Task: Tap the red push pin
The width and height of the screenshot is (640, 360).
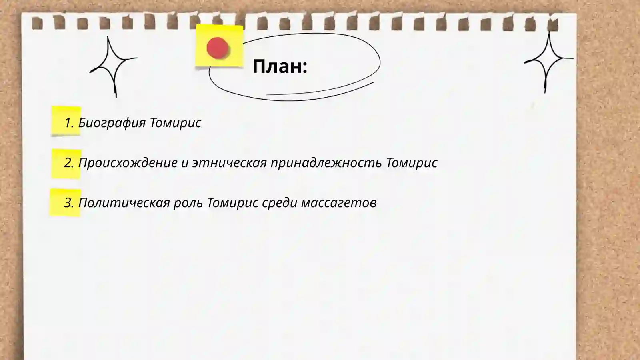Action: (218, 48)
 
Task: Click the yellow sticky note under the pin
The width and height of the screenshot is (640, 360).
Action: (230, 58)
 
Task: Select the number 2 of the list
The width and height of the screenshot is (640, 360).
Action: (69, 163)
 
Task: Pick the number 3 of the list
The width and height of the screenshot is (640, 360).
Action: (69, 203)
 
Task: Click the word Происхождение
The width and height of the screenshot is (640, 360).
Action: (128, 163)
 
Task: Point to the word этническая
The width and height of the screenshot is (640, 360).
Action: (229, 163)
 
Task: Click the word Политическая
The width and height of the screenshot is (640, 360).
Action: (124, 203)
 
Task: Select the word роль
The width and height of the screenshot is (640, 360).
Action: (188, 203)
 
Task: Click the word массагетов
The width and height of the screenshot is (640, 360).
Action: (338, 203)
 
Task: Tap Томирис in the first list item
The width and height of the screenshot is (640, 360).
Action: (176, 122)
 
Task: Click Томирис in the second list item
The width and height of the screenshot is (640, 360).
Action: (412, 163)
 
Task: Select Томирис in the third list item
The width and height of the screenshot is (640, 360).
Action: (232, 203)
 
